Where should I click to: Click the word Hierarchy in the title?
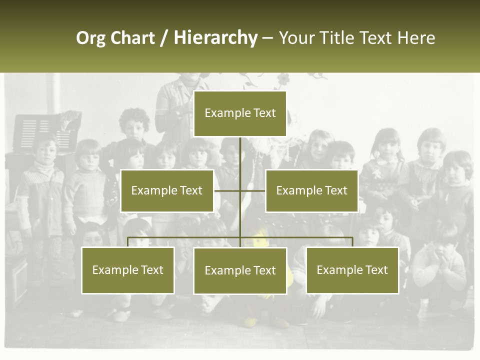pos(215,38)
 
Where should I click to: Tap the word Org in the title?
pos(91,38)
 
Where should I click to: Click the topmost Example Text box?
pos(240,113)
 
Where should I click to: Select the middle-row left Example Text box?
pos(167,190)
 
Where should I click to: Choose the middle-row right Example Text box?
pos(311,190)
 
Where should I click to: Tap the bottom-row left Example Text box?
pos(128,270)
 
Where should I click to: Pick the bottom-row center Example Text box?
pos(240,270)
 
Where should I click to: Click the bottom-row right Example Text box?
pos(352,270)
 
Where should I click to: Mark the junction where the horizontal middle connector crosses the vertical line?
pos(240,190)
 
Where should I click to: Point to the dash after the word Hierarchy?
pos(267,38)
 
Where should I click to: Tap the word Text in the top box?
pos(264,113)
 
